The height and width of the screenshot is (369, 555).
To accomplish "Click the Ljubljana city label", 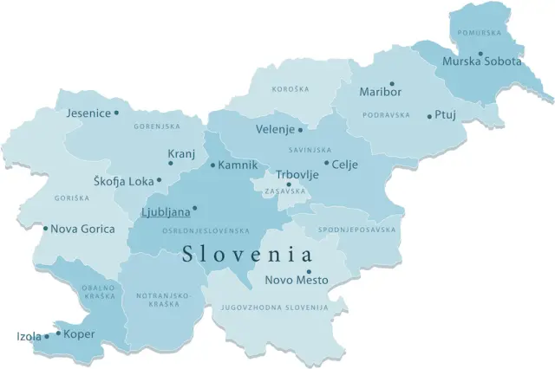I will [165, 211].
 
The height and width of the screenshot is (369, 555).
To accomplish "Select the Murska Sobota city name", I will [482, 62].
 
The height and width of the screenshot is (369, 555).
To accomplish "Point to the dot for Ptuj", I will [429, 116].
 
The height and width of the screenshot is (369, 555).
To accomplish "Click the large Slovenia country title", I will [246, 255].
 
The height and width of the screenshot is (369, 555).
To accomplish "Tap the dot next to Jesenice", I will [117, 113].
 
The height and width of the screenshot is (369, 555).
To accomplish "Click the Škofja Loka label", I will [122, 181].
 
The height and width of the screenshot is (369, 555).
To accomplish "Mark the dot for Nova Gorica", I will [45, 229].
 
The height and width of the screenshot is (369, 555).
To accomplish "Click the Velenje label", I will [276, 130].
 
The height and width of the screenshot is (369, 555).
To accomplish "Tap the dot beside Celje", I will [326, 163].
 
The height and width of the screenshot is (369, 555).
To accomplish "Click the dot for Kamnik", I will [212, 165].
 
